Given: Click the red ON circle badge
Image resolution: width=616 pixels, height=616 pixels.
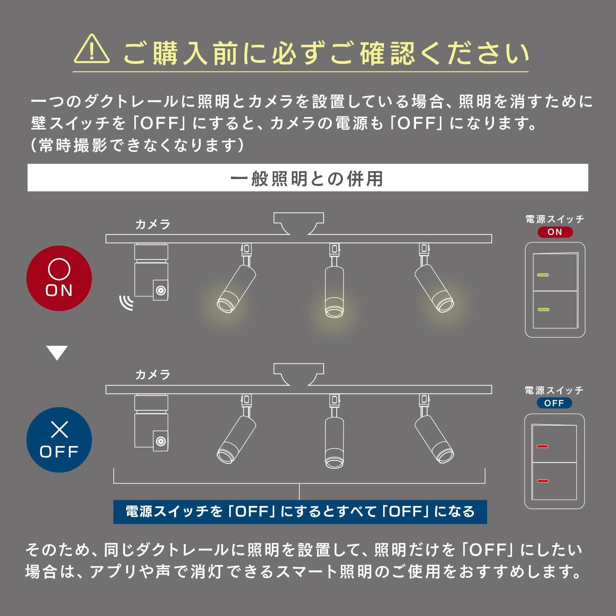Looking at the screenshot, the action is pyautogui.click(x=59, y=278).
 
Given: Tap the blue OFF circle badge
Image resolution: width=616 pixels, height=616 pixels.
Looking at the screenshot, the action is pyautogui.click(x=59, y=439).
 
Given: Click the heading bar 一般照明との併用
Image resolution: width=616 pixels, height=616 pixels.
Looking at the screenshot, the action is pyautogui.click(x=308, y=178).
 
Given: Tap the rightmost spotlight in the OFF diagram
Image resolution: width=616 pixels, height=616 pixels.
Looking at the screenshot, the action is pyautogui.click(x=434, y=439).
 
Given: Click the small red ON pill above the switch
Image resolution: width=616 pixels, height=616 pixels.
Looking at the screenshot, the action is pyautogui.click(x=554, y=232).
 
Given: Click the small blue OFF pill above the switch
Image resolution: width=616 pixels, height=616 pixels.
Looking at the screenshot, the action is pyautogui.click(x=554, y=403).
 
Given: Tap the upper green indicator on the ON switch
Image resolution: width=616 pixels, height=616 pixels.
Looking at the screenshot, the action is pyautogui.click(x=543, y=275).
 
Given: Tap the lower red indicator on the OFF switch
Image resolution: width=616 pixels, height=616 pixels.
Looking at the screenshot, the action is pyautogui.click(x=542, y=481).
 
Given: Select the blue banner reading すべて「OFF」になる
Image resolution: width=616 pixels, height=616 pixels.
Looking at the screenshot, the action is pyautogui.click(x=300, y=512).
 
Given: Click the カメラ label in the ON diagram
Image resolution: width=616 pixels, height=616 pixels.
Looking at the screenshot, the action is pyautogui.click(x=153, y=224).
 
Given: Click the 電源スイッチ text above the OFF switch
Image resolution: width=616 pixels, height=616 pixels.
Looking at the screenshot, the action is pyautogui.click(x=554, y=390).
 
